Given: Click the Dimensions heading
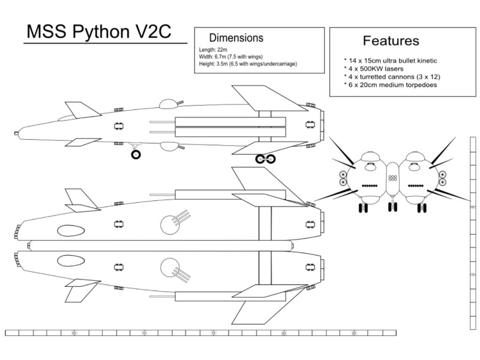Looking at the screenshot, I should point(236,38).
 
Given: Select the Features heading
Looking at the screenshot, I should point(391,41).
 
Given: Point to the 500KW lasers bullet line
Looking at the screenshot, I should point(376,69).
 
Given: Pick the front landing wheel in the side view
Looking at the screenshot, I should point(136,155).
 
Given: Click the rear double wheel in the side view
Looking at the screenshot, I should point(265,159).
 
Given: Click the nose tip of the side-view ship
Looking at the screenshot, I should point(17,133).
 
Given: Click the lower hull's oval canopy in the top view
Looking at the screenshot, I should point(71,261).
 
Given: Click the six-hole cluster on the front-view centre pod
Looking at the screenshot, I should point(392,178).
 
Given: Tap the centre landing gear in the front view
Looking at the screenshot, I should point(392,207).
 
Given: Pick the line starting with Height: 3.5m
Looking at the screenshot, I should point(248,64).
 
